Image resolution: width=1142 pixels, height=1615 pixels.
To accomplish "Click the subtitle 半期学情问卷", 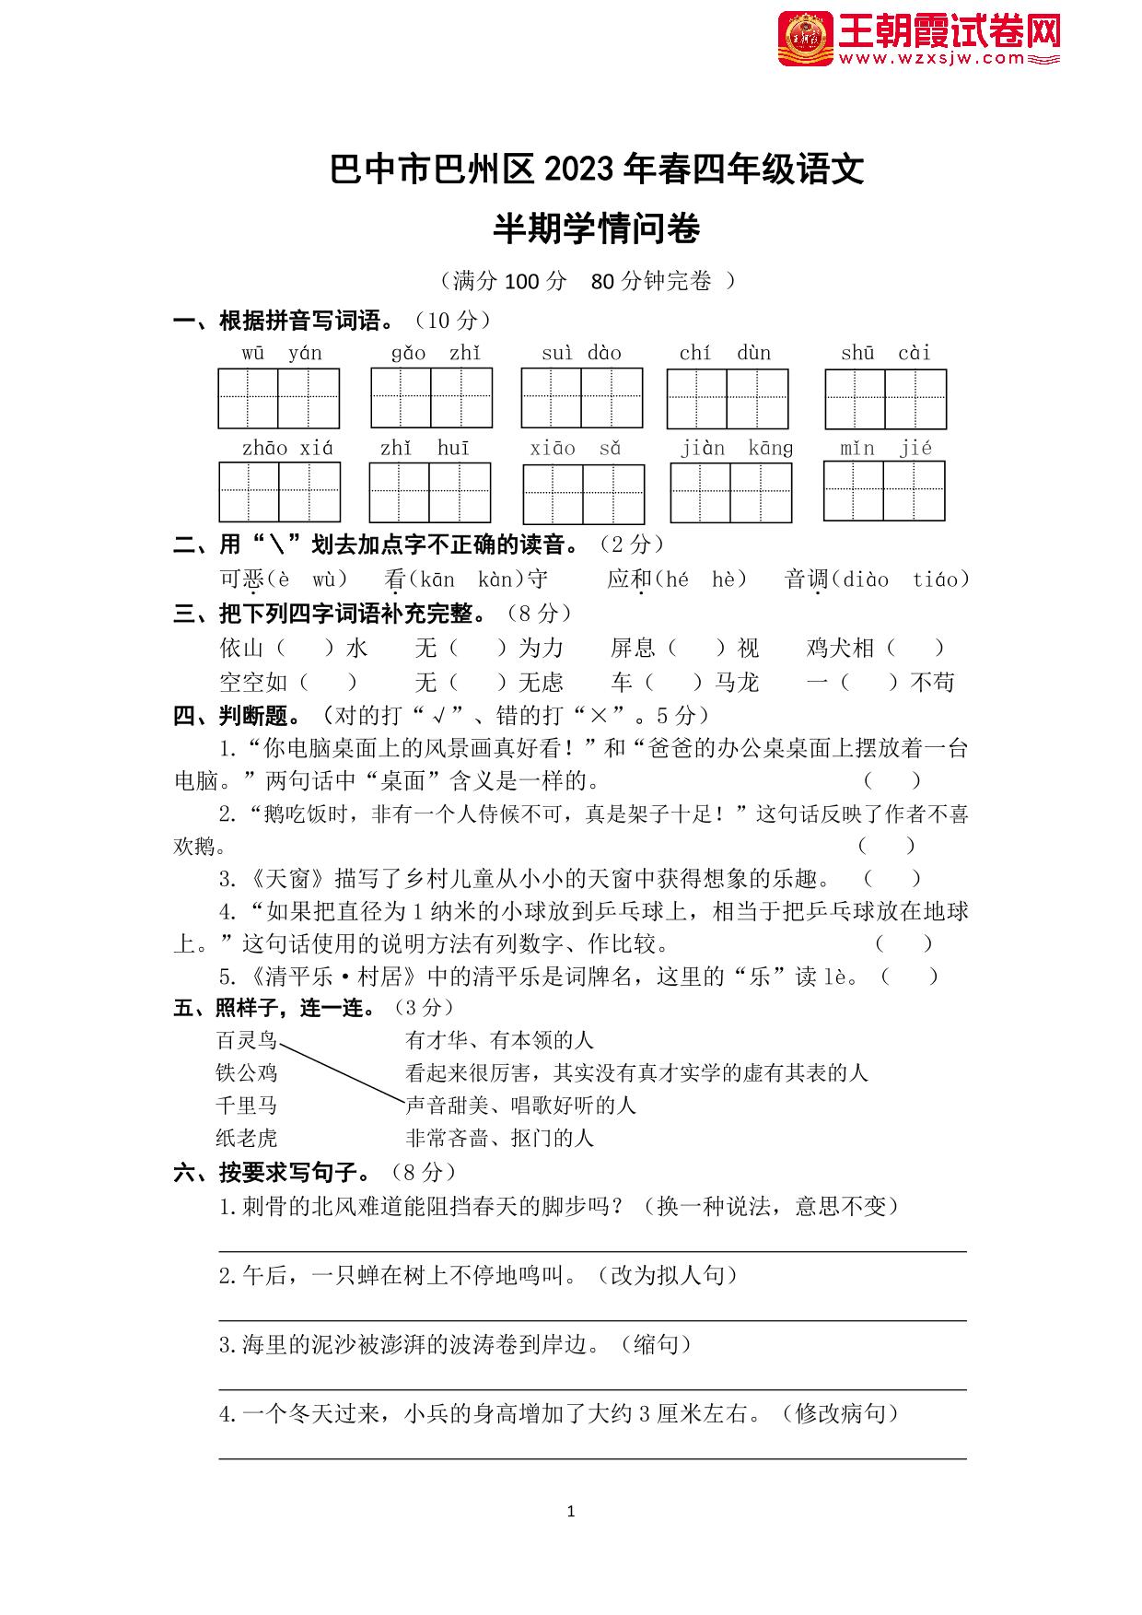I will (x=596, y=229).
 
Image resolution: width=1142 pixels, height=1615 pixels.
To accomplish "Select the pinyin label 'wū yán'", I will (x=282, y=353).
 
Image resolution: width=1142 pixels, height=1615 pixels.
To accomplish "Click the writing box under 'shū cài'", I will (x=885, y=399).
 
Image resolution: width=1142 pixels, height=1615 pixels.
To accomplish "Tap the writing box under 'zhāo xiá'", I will (x=279, y=492).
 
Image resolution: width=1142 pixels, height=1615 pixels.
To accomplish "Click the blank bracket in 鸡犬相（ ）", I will (x=915, y=648).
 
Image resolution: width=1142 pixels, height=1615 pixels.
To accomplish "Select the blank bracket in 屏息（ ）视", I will (x=696, y=648).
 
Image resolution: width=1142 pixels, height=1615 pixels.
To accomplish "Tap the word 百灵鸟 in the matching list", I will (x=246, y=1040).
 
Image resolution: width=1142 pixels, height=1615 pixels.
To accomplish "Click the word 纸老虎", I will (x=246, y=1138).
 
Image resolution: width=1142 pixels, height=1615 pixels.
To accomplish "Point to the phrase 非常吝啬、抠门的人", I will (x=499, y=1138).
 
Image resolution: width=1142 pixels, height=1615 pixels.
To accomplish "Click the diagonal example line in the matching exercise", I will (x=342, y=1071).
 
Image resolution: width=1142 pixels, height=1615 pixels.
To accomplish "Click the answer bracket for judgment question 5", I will (x=910, y=977).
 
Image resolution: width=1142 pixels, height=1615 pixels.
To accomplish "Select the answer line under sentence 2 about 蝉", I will (x=592, y=1319).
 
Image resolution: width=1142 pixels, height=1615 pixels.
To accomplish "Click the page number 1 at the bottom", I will (x=571, y=1511).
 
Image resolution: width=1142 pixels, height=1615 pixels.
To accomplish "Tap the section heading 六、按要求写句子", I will (x=272, y=1172).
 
